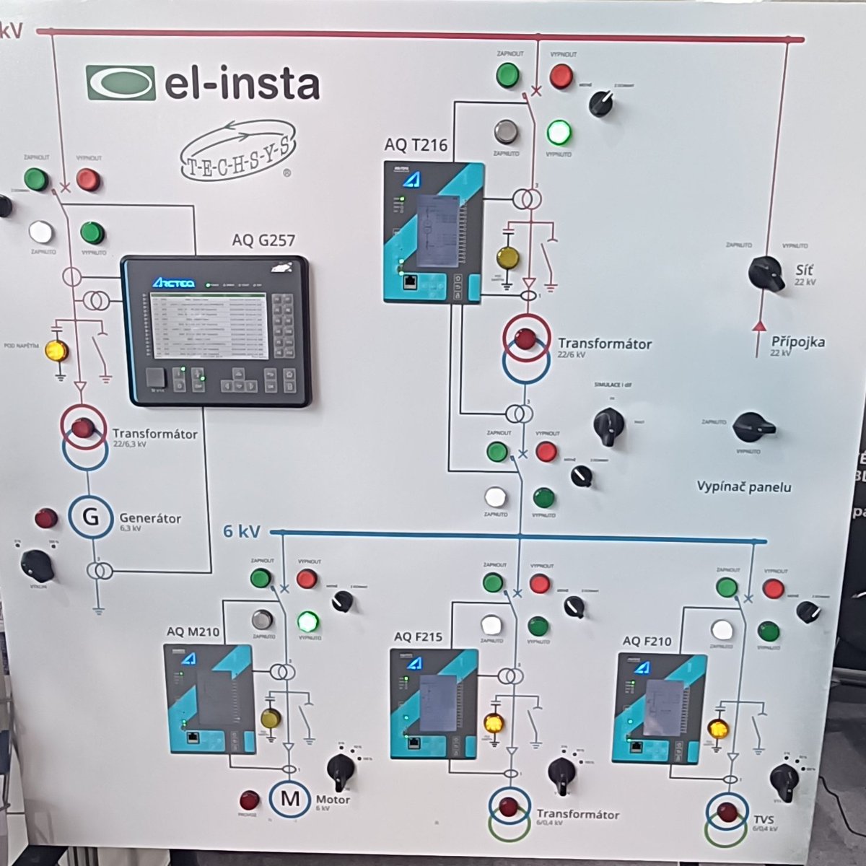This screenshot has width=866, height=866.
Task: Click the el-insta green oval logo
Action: point(121,82)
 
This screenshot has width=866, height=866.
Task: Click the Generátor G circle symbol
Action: point(91,516)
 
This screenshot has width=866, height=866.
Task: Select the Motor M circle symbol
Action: point(290,798)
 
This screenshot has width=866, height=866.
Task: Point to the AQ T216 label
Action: point(416,145)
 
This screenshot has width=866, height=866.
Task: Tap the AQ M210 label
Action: point(193,631)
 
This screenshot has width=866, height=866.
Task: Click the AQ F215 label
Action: point(419,637)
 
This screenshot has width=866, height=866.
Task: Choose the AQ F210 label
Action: point(647,641)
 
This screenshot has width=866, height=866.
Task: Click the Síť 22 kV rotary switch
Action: point(766,273)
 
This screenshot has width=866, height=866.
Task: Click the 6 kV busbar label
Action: point(241,531)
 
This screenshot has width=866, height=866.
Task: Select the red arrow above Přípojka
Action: point(758,326)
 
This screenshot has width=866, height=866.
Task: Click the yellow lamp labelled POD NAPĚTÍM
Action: point(56,351)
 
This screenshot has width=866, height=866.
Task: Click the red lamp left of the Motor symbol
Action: point(249,800)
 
